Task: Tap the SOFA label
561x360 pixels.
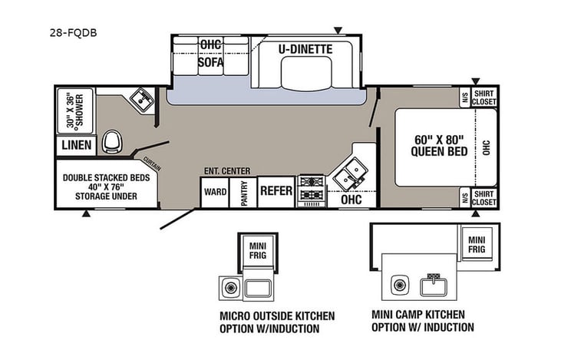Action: coord(210,62)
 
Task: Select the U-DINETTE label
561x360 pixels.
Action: coord(305,49)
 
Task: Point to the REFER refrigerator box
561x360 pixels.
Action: coord(276,190)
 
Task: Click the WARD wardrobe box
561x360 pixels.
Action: coord(215,191)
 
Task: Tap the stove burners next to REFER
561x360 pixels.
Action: coord(312,190)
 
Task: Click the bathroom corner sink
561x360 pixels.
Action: coord(142,99)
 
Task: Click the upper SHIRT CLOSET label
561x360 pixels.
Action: coord(483,97)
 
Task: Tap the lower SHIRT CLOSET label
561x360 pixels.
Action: coord(483,197)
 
